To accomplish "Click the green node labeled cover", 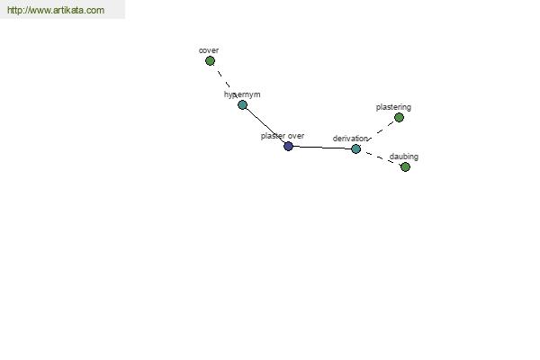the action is (210, 61).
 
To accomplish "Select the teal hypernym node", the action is (242, 104).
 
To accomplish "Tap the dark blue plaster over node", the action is (288, 146).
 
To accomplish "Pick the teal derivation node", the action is (355, 148).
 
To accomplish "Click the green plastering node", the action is (399, 118).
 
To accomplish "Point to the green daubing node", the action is (405, 167).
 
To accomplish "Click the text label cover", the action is (209, 50).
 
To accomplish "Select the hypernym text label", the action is (242, 94).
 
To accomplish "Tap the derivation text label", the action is (350, 139).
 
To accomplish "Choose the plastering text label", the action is (393, 107).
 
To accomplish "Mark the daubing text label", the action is (404, 157).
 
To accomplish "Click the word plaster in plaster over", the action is (273, 136).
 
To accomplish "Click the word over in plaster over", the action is (295, 136).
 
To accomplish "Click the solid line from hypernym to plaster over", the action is (265, 125).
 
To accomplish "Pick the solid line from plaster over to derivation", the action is (322, 148).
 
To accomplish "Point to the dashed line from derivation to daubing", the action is (381, 158).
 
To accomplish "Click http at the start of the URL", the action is (14, 10).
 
